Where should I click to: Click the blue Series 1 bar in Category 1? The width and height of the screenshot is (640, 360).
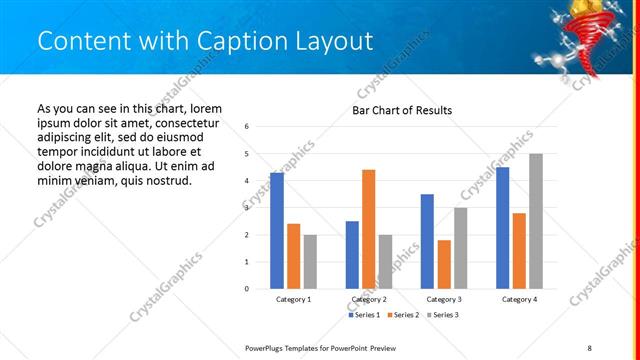point(276,231)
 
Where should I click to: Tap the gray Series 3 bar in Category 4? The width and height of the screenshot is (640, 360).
point(536,221)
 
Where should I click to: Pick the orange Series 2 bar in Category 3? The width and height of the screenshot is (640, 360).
point(444,264)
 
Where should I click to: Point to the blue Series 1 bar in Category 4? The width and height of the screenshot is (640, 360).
point(502,228)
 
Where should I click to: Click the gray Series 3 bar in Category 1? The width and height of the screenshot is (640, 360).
point(310,262)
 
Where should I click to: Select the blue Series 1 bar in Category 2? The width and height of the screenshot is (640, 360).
point(352,255)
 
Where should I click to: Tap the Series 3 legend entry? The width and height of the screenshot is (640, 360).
point(444,315)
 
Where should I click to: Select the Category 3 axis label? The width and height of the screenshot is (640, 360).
point(444,299)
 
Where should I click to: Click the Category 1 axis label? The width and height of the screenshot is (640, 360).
point(293,299)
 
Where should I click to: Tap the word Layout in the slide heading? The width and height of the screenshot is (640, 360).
point(340,40)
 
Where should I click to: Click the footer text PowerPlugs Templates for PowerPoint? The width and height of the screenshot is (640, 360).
point(320,347)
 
